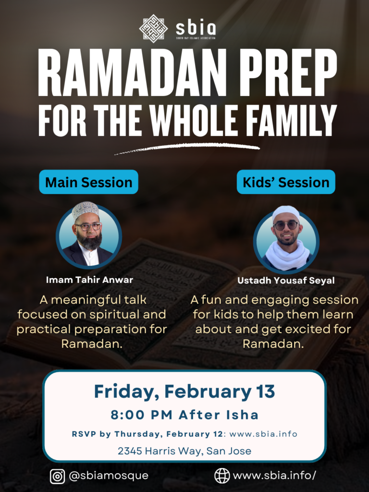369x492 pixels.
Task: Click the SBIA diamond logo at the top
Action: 153,28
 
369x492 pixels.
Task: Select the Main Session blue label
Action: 88,182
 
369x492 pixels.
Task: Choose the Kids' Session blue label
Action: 286,182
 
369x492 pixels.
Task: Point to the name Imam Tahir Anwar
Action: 89,280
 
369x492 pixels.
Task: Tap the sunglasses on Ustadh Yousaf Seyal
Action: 286,225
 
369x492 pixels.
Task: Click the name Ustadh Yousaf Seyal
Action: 286,280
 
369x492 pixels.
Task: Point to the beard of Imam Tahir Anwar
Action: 89,240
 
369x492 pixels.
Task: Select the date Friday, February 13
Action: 184,391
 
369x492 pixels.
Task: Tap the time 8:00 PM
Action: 142,415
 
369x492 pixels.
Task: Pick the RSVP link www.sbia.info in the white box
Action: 263,434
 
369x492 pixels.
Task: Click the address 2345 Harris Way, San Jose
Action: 184,451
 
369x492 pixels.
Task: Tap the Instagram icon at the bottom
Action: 58,476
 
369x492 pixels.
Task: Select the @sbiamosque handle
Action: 108,476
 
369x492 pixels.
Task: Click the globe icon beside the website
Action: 222,476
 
